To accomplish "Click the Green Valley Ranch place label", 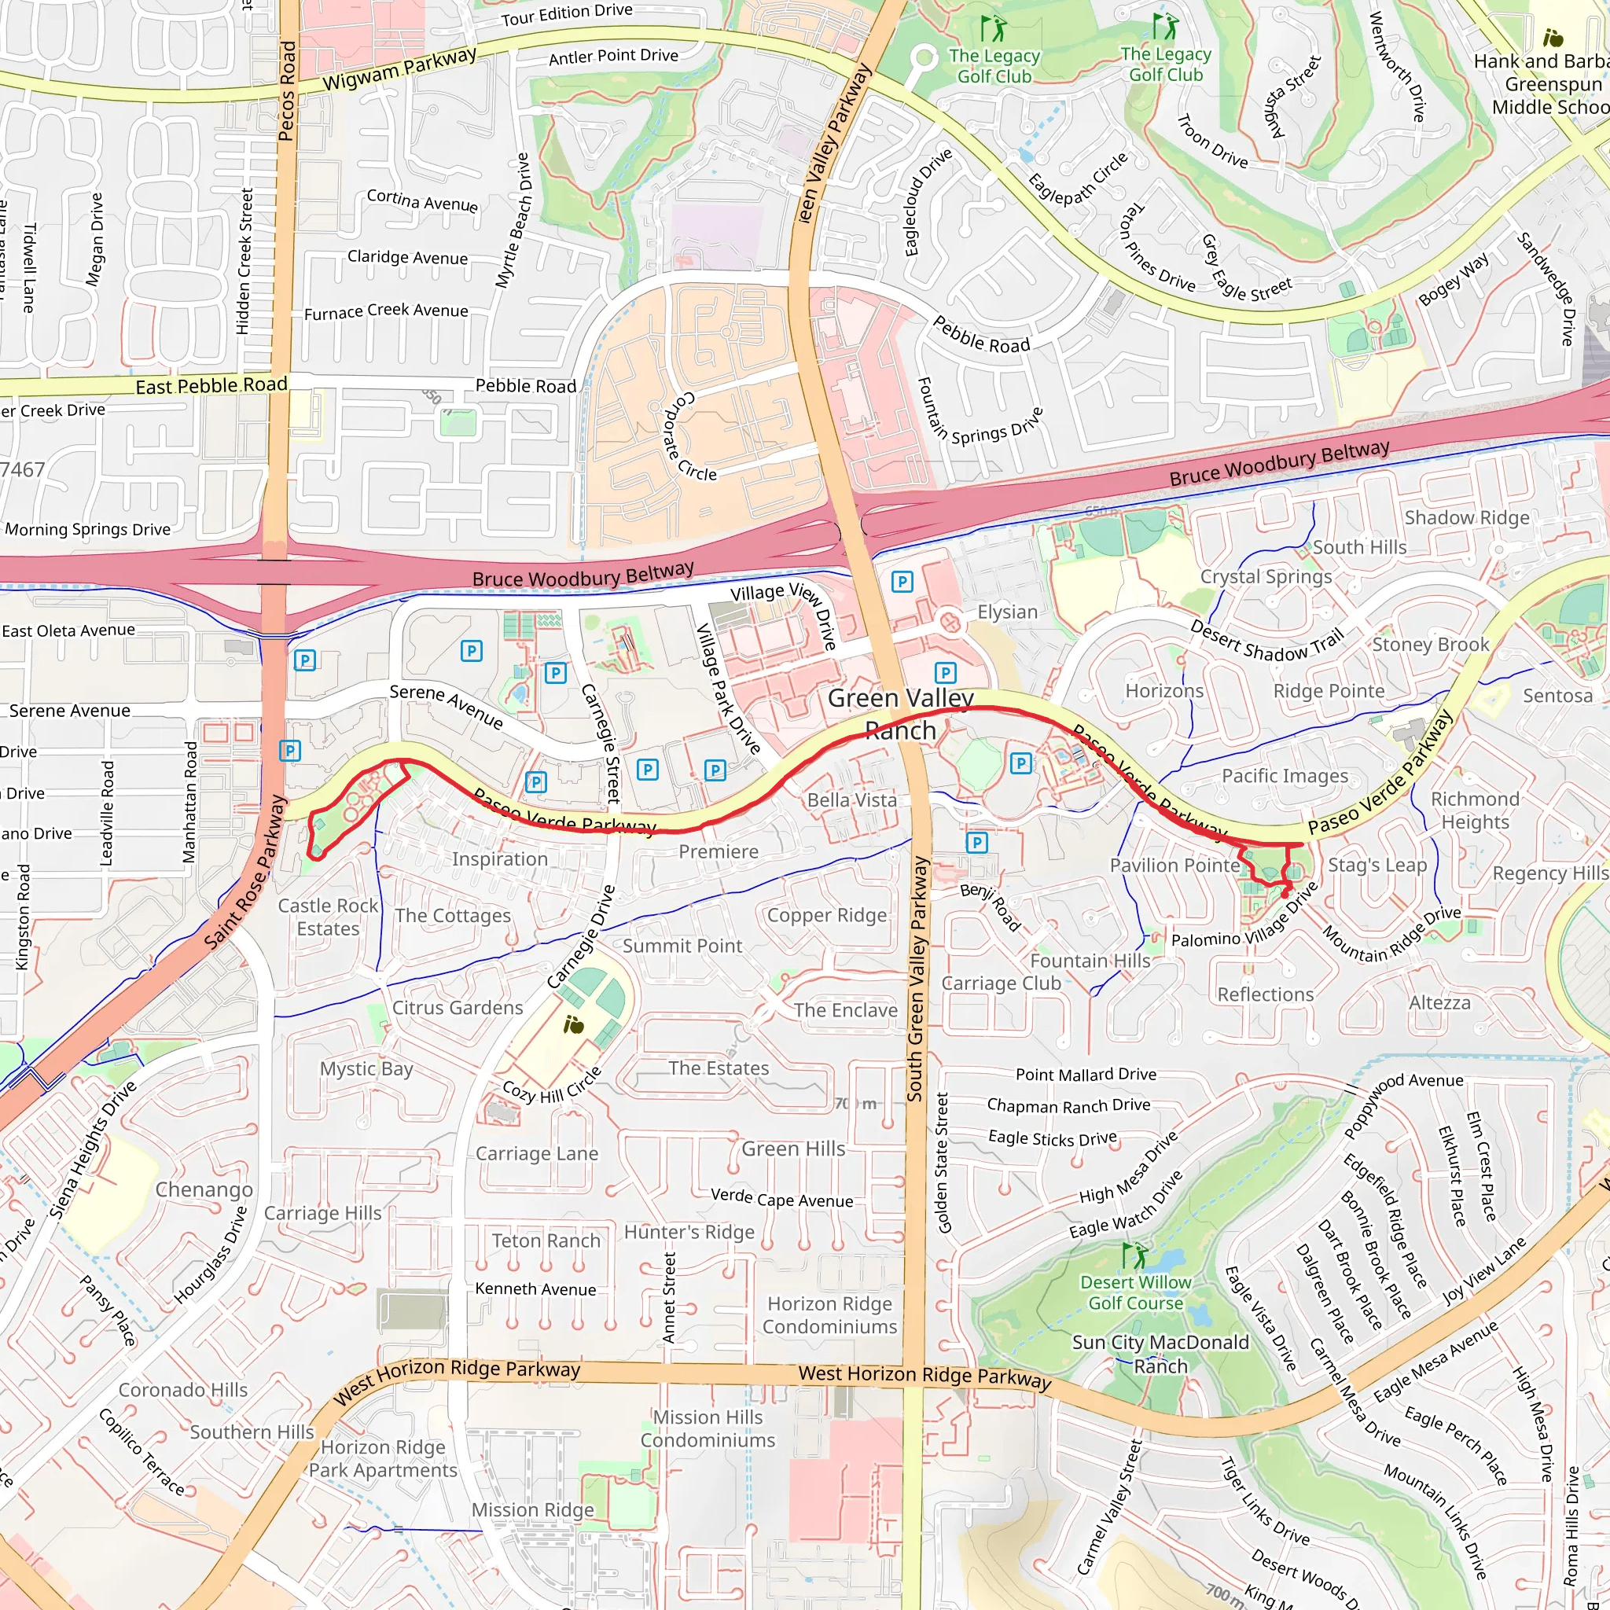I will pyautogui.click(x=900, y=714).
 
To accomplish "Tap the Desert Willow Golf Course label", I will pyautogui.click(x=1135, y=1292).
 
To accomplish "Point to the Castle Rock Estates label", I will pyautogui.click(x=328, y=917).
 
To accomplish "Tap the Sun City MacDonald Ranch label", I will pyautogui.click(x=1160, y=1355).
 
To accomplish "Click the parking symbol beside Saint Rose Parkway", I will pyautogui.click(x=289, y=751).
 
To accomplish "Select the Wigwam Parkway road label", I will pyautogui.click(x=399, y=69).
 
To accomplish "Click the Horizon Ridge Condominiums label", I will pyautogui.click(x=829, y=1315).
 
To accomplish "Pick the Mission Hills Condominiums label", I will pyautogui.click(x=708, y=1428).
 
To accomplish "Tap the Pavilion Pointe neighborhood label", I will pyautogui.click(x=1174, y=866).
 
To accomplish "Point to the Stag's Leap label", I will pyautogui.click(x=1377, y=865).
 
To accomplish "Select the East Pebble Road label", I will pyautogui.click(x=211, y=385).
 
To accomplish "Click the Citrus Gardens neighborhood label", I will pyautogui.click(x=458, y=1008).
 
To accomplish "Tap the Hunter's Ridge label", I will pyautogui.click(x=689, y=1232).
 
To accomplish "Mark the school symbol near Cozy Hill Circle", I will pyautogui.click(x=573, y=1024).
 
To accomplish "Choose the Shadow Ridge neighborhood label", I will pyautogui.click(x=1467, y=517).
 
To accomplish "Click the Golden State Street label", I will pyautogui.click(x=943, y=1162).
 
